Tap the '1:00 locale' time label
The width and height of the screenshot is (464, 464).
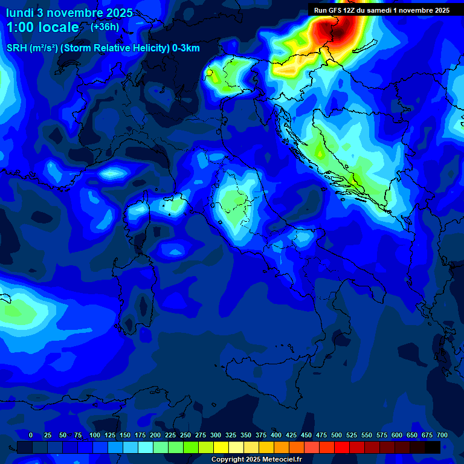click(x=42, y=27)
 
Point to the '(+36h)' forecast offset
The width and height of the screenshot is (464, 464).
click(x=105, y=27)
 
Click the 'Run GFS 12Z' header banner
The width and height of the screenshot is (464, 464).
click(x=381, y=10)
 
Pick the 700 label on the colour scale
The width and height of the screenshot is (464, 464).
click(x=442, y=435)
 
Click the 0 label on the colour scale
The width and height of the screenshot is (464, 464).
click(x=31, y=435)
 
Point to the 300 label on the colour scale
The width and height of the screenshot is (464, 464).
click(x=215, y=435)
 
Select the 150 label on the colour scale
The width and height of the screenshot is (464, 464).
click(x=124, y=435)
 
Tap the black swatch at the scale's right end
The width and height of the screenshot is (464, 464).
click(x=433, y=447)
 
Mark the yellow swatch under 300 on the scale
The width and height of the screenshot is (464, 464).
click(x=221, y=447)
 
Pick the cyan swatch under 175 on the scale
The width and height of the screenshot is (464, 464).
click(x=146, y=447)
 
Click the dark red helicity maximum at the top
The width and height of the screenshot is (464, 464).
click(x=334, y=27)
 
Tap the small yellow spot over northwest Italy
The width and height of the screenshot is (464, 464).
click(x=209, y=72)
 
